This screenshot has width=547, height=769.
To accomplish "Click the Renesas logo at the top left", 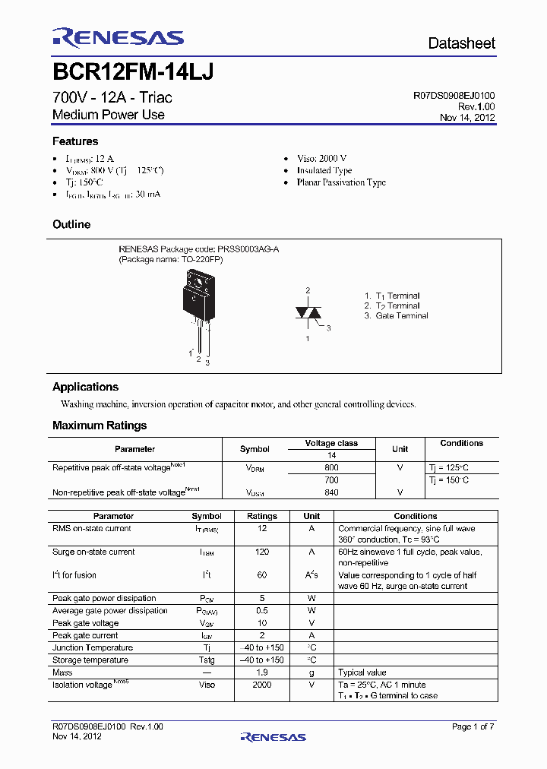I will tap(118, 38).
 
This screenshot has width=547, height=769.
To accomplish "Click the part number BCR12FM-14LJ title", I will tap(133, 71).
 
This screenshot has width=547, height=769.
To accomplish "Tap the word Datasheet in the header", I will tap(461, 43).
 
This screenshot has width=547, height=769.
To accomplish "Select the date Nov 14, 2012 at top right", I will tap(467, 118).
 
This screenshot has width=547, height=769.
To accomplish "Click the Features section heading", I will tap(75, 141).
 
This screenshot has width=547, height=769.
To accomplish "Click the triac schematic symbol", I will tap(308, 314).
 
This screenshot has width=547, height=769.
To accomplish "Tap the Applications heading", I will tap(85, 387).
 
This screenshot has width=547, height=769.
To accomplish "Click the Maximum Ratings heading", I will tap(100, 426).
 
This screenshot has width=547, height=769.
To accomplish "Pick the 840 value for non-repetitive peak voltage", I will tap(331, 492).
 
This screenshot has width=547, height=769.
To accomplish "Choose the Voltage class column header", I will tap(331, 443).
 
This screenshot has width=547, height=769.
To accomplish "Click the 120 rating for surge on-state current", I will tap(262, 552).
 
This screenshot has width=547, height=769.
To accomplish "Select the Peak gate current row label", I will tap(85, 635).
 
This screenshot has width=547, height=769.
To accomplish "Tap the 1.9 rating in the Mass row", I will tap(262, 672).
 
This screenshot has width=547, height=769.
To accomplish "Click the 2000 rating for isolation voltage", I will tap(262, 685).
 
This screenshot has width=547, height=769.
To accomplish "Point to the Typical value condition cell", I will tap(362, 672).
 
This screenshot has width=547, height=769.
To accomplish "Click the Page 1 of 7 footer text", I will tap(473, 727).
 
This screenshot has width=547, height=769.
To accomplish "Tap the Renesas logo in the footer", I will tap(273, 736).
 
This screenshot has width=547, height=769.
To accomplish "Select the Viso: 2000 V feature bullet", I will tap(321, 158).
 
